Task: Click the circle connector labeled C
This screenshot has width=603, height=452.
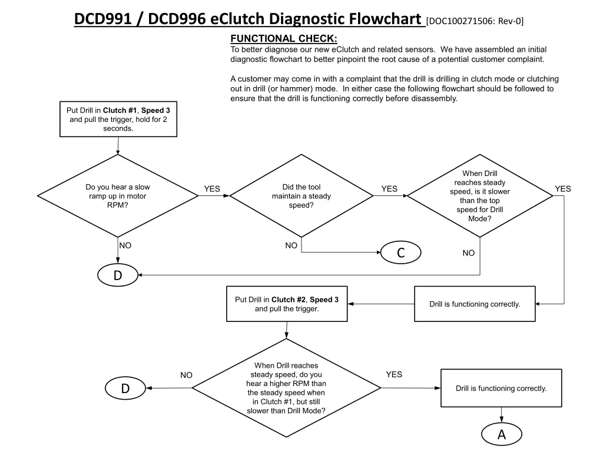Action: [x=400, y=252]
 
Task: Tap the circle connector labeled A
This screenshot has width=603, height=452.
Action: [x=501, y=434]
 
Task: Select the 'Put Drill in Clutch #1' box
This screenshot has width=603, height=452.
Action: [x=118, y=119]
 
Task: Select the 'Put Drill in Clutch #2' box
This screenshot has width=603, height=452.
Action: [x=287, y=304]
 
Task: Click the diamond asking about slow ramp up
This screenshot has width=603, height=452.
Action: [x=118, y=196]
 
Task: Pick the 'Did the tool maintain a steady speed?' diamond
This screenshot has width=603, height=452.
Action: [x=301, y=196]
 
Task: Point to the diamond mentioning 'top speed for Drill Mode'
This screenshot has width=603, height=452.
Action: [x=480, y=196]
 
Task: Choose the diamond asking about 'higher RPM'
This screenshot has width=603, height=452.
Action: [x=286, y=388]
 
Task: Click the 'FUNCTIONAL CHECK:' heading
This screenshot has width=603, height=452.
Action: [x=284, y=39]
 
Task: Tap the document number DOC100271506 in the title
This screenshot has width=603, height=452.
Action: [x=462, y=22]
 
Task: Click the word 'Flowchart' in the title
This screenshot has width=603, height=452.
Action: [x=386, y=19]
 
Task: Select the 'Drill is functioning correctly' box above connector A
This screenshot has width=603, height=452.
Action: [x=501, y=388]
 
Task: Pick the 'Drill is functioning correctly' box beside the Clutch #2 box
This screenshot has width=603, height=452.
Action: [x=475, y=304]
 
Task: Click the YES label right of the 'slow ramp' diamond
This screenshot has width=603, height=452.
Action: [x=212, y=189]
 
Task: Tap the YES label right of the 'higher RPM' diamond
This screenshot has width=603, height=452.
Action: [x=394, y=374]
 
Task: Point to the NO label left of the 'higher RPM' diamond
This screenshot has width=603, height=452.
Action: [x=186, y=375]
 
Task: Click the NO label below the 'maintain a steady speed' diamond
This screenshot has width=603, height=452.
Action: [x=291, y=245]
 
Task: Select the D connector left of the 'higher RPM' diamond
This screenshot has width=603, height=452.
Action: [x=125, y=388]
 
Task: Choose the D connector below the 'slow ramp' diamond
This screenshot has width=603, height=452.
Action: [x=118, y=275]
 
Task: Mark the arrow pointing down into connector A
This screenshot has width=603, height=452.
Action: [x=501, y=415]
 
